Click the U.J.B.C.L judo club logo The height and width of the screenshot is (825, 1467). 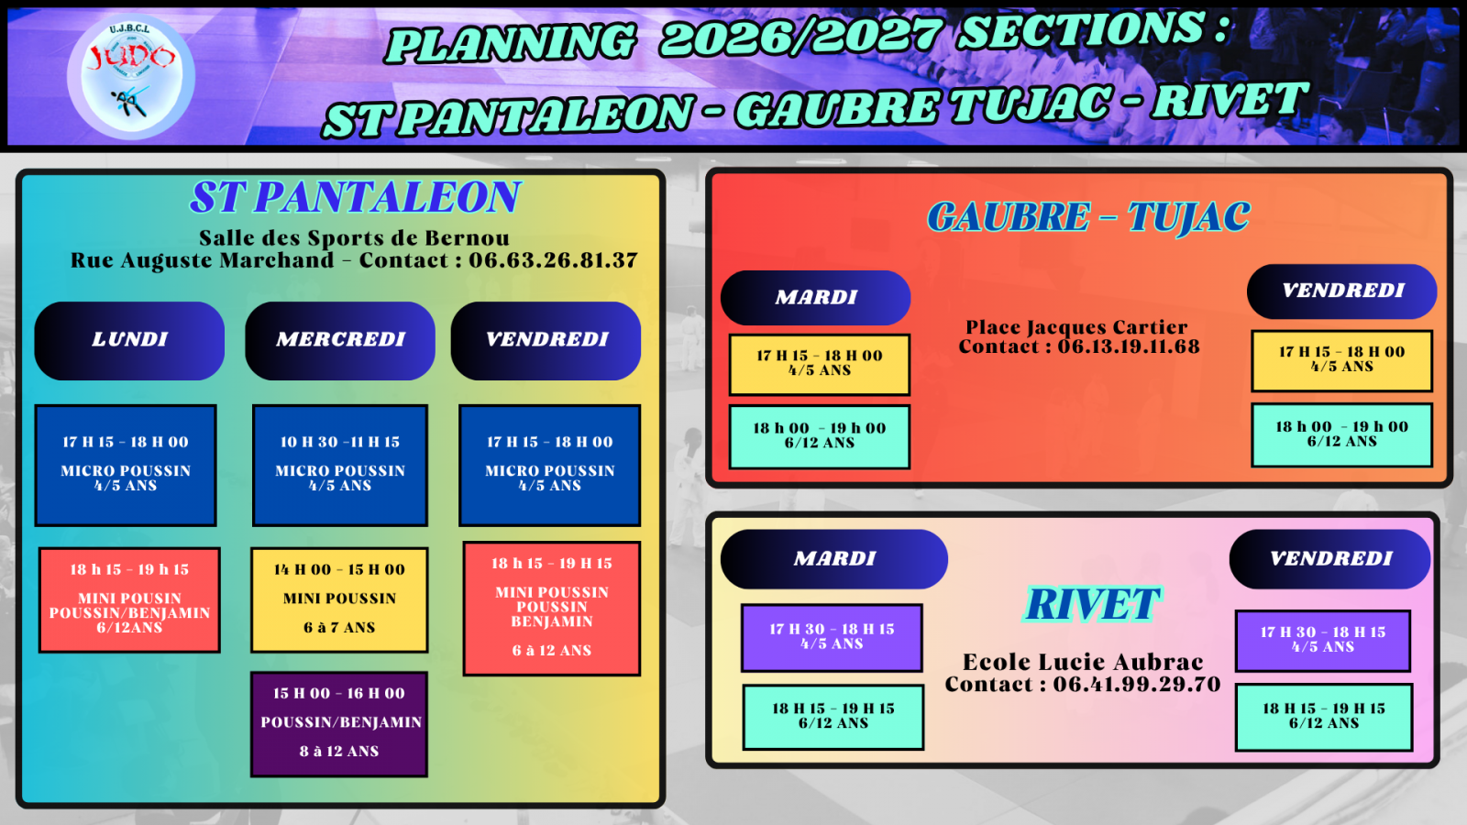(131, 77)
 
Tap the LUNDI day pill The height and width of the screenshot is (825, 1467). (129, 340)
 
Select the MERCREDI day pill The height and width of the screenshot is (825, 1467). (340, 340)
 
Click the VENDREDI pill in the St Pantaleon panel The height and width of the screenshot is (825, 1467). (546, 340)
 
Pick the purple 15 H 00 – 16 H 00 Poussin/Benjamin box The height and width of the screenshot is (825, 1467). (339, 724)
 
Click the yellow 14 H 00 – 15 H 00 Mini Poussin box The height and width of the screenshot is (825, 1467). (339, 599)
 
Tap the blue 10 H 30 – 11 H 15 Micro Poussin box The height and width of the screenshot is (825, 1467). (340, 465)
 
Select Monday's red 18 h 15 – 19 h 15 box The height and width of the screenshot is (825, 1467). (129, 599)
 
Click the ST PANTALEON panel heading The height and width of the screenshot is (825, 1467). (355, 196)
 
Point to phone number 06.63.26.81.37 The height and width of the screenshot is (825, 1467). (553, 260)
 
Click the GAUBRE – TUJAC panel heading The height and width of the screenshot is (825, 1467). (1088, 216)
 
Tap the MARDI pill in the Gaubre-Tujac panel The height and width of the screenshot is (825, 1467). (815, 298)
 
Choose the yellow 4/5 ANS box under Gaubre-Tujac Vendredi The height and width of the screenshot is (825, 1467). (1342, 361)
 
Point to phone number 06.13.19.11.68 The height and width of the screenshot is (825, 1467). (1129, 346)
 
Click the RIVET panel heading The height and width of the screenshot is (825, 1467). (1092, 604)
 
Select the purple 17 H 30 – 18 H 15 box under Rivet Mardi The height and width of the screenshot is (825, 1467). (832, 638)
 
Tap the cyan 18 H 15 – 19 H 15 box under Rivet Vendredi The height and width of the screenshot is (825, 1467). (1324, 717)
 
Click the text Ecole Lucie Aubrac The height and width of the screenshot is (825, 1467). (1083, 662)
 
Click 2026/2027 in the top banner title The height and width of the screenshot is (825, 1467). (801, 36)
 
